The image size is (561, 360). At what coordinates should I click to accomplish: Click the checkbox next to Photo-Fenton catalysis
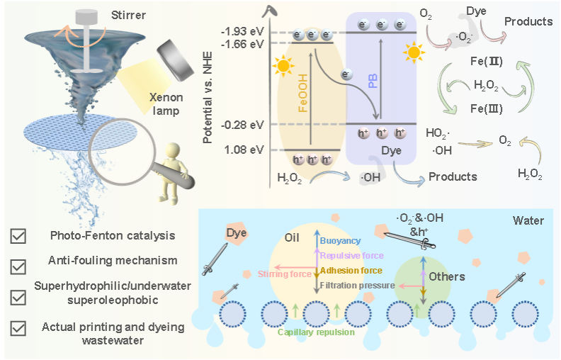pos(18,236)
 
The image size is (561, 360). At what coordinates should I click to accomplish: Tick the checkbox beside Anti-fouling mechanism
pos(18,266)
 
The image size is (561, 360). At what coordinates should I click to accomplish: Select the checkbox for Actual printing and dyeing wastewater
pos(18,328)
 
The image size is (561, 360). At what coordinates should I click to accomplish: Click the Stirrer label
pos(128,16)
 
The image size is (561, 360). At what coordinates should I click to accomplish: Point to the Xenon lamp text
pos(166,103)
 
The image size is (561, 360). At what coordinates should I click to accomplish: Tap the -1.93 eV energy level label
pos(242,31)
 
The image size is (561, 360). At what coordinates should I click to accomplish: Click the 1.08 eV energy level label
pos(244,150)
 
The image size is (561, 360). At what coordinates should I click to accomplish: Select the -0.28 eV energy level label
pos(242,125)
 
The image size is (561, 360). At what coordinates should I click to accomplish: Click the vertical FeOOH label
pos(302,94)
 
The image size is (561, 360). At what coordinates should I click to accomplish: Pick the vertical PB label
pos(373,81)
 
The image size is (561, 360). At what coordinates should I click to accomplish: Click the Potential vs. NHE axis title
pos(208,97)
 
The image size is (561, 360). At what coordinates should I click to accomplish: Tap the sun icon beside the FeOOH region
pos(283,66)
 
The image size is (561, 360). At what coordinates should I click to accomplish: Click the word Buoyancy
pos(340,241)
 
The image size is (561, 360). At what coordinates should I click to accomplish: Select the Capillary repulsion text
pos(317,332)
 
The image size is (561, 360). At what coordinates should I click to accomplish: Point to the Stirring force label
pos(285,274)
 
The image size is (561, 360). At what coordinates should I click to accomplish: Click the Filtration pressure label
pos(358,285)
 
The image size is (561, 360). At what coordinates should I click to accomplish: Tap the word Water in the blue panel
pos(528,220)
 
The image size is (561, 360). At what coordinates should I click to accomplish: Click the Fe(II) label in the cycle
pos(487,62)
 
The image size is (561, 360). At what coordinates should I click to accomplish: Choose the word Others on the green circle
pos(447,276)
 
